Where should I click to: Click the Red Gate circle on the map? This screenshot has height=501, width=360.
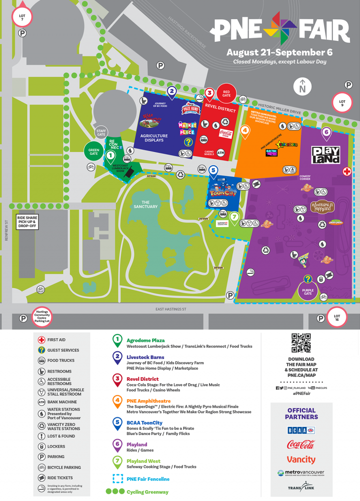pyautogui.click(x=226, y=94)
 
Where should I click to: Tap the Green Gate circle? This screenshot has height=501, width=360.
pyautogui.click(x=93, y=151)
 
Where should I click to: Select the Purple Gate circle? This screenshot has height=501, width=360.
pyautogui.click(x=307, y=290)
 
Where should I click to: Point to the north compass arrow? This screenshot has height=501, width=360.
pyautogui.click(x=302, y=86)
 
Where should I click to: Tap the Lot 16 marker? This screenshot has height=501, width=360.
pyautogui.click(x=337, y=317)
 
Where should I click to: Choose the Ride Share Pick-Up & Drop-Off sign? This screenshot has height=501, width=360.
pyautogui.click(x=27, y=221)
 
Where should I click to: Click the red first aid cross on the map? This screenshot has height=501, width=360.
pyautogui.click(x=346, y=172)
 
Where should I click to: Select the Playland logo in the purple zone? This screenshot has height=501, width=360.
pyautogui.click(x=326, y=155)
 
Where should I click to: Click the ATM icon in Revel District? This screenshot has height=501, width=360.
pyautogui.click(x=221, y=152)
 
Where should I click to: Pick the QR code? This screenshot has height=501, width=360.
pyautogui.click(x=301, y=343)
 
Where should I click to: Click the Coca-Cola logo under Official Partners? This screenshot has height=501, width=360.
pyautogui.click(x=301, y=444)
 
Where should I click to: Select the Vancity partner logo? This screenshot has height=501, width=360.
pyautogui.click(x=301, y=460)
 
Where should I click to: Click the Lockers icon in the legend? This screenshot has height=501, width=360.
pyautogui.click(x=41, y=447)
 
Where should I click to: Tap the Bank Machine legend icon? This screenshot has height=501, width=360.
pyautogui.click(x=41, y=402)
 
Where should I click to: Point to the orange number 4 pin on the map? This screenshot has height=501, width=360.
pyautogui.click(x=245, y=131)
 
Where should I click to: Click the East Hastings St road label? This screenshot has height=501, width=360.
pyautogui.click(x=171, y=309)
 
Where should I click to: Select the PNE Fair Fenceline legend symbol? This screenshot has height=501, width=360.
pyautogui.click(x=117, y=479)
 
